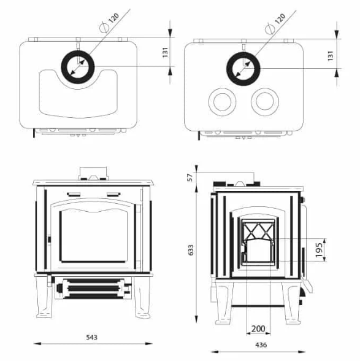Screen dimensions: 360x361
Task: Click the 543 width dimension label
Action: pos(91,338)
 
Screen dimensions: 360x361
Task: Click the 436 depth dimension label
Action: pos(261,345)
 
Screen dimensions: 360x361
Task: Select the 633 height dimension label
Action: pos(191,250)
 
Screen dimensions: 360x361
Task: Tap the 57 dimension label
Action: pos(190,177)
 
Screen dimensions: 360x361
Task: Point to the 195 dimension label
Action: pos(320,250)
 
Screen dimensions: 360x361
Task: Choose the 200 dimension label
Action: pos(258,328)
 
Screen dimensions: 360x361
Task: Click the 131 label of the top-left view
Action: pos(166,53)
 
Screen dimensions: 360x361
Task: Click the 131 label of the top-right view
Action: pos(331,56)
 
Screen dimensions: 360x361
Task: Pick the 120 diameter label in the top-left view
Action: pos(113,18)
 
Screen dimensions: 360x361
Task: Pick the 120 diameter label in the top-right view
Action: pos(280,19)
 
